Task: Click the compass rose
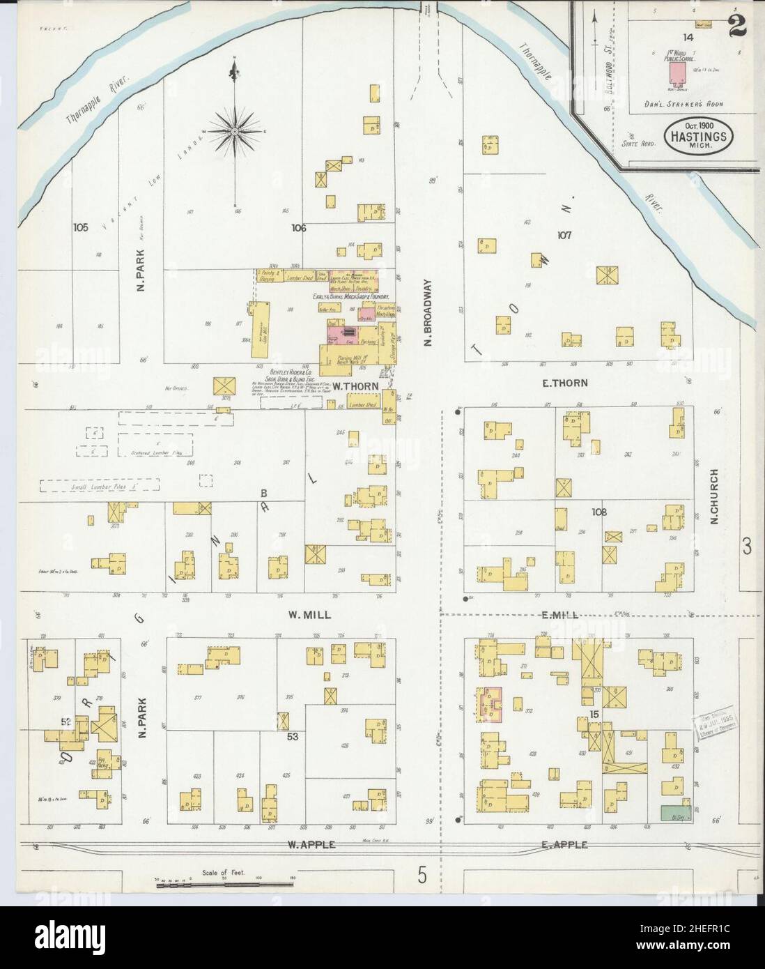[x=235, y=131]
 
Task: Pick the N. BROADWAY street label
[x=429, y=312]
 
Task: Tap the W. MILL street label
[x=309, y=615]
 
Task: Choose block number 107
[x=563, y=235]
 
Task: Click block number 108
[x=599, y=512]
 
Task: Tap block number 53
[x=293, y=736]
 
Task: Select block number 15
[x=594, y=714]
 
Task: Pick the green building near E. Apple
[x=672, y=812]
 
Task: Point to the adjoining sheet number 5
[x=422, y=876]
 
